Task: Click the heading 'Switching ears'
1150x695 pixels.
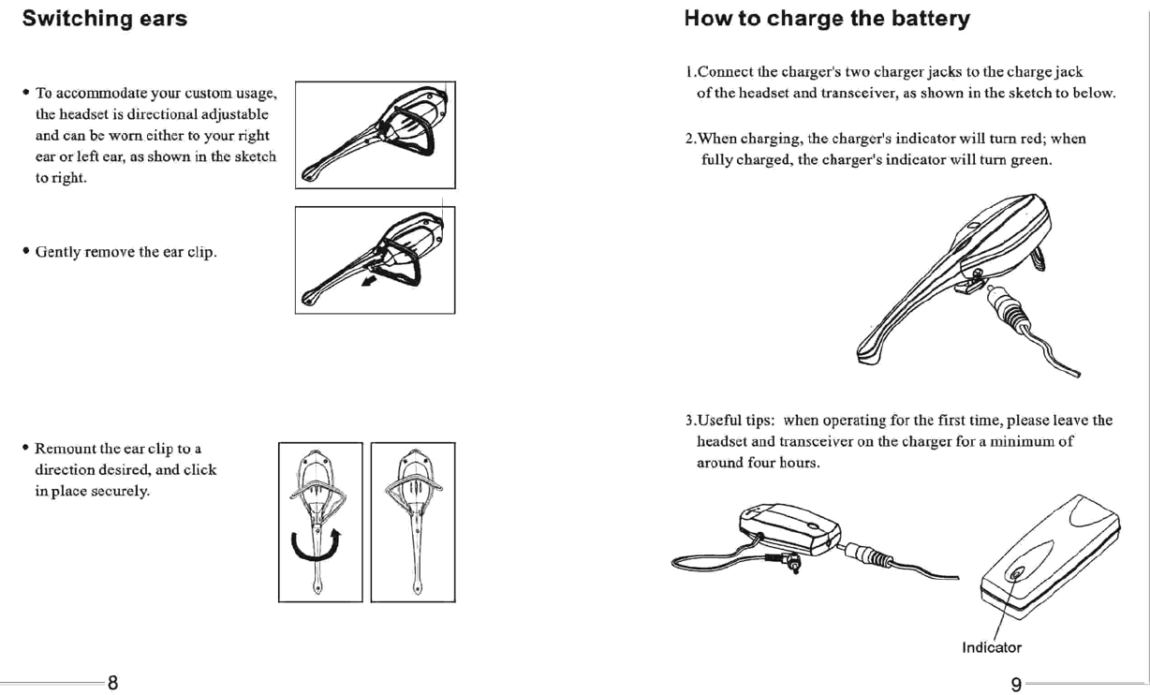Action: point(104,19)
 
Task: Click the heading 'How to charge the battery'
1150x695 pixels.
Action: point(826,19)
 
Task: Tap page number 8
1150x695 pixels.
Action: point(112,682)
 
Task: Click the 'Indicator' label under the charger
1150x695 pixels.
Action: point(992,647)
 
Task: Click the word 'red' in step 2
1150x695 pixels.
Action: point(1031,140)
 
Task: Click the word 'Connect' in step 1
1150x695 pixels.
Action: point(726,72)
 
